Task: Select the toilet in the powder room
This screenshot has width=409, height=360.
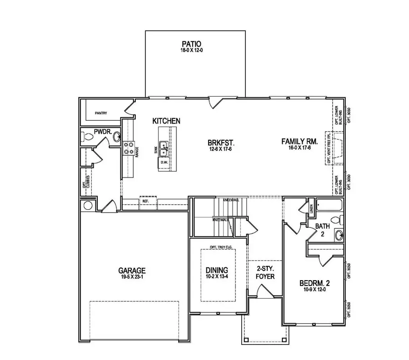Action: tap(85, 136)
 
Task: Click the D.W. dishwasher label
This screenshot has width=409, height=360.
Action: tap(164, 161)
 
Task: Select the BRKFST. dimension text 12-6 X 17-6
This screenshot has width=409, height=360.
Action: tap(219, 149)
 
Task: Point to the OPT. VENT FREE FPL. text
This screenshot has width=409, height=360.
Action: tap(329, 148)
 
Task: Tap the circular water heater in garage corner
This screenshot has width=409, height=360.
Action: tap(88, 205)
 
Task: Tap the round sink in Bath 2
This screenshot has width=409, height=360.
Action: tap(338, 235)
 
